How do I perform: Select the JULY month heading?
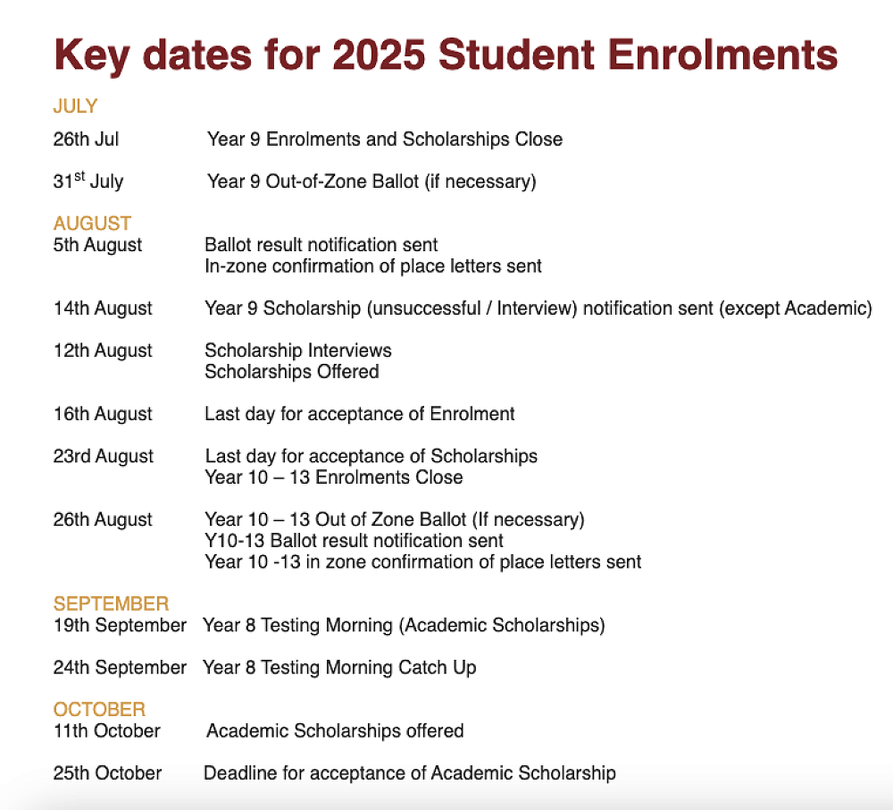75,106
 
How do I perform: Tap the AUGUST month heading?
92,224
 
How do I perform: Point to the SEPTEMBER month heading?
111,603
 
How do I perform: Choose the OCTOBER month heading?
99,710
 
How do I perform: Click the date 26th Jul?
86,139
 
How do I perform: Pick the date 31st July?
88,181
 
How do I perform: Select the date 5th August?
98,245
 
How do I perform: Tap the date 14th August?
103,308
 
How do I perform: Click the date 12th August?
103,350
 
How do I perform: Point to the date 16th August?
103,414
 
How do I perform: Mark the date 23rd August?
103,456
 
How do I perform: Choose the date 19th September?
120,625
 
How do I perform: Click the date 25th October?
107,773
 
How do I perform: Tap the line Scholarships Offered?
292,372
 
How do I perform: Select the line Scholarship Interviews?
298,350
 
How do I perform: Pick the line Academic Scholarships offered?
335,731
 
